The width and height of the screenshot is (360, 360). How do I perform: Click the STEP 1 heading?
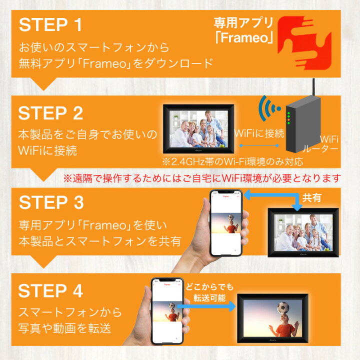[50, 25]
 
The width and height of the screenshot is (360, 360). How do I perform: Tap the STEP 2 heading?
[50, 113]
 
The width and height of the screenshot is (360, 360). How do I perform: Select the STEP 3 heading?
[51, 202]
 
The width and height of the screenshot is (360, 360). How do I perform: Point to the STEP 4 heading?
[50, 290]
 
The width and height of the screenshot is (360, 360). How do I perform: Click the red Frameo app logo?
[304, 43]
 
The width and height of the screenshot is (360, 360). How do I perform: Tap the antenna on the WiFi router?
[313, 87]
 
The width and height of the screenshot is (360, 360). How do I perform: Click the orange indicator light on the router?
[288, 120]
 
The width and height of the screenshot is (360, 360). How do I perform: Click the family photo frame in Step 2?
[198, 129]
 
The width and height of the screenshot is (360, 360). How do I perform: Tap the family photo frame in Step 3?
[303, 232]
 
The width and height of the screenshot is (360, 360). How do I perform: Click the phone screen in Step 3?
[226, 223]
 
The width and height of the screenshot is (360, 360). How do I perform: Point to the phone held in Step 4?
[167, 311]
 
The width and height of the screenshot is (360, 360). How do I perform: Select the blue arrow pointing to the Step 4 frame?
[206, 306]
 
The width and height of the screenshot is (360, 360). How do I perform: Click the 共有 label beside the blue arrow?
[311, 197]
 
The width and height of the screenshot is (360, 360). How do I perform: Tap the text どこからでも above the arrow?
[209, 287]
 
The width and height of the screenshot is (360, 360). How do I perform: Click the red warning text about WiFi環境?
[202, 178]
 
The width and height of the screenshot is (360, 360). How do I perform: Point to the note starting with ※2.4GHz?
[232, 161]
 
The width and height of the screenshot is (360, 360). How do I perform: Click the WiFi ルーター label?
[321, 144]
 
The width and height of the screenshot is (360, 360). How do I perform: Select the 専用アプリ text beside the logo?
[243, 23]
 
